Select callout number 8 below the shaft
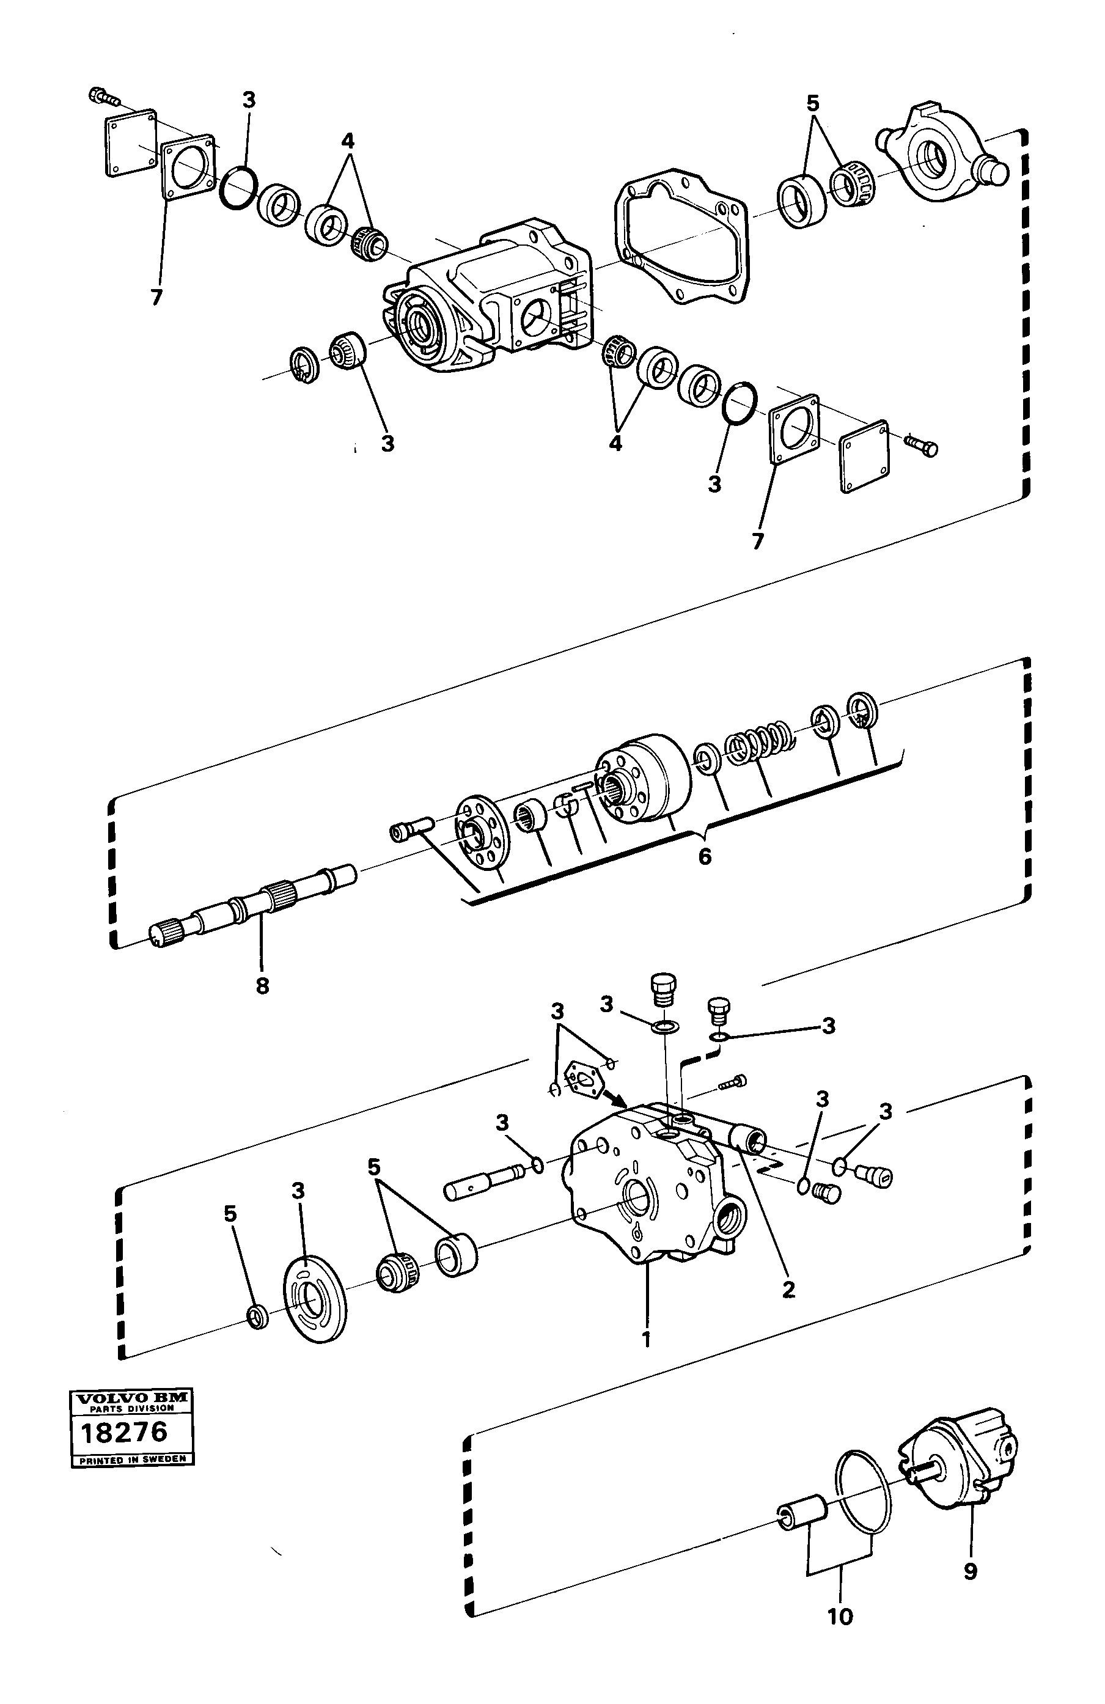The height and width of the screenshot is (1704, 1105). pyautogui.click(x=262, y=986)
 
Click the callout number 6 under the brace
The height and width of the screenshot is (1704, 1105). pyautogui.click(x=705, y=856)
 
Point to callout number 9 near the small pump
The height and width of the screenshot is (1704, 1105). pyautogui.click(x=971, y=1571)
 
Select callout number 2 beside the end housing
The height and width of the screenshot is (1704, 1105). pyautogui.click(x=788, y=1289)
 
